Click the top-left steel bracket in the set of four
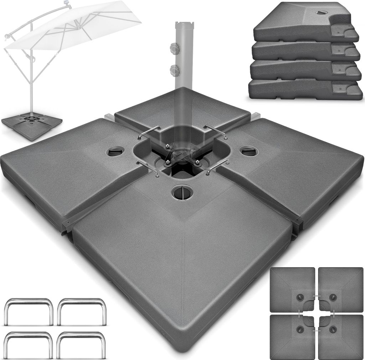click(x=29, y=310)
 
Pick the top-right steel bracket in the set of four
click(x=81, y=310)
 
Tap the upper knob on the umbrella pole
click(x=174, y=48)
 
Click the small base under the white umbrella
click(x=32, y=125)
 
